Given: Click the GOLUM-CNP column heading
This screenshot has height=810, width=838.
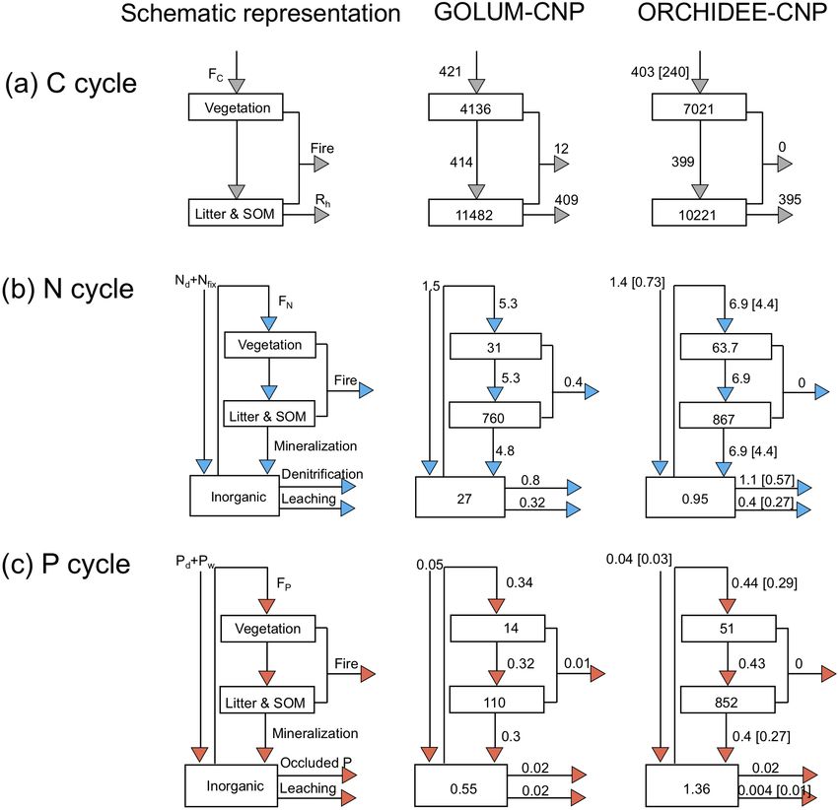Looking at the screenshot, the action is click(x=509, y=12).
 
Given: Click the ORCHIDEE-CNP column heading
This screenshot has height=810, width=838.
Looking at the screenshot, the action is click(x=733, y=12).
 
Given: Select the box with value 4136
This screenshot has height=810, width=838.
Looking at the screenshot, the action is click(x=475, y=106).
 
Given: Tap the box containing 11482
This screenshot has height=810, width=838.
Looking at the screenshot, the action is click(x=475, y=213).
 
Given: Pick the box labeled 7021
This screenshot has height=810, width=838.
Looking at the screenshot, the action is click(x=699, y=106).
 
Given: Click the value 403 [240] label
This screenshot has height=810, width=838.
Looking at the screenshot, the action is click(x=660, y=72).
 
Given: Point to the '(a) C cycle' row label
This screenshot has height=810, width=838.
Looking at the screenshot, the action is click(x=71, y=84).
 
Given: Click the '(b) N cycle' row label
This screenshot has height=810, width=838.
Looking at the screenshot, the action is click(x=68, y=289).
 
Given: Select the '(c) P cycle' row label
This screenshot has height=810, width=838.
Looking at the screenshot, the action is click(x=66, y=565).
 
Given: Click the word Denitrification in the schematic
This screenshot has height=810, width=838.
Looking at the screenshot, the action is click(x=322, y=474).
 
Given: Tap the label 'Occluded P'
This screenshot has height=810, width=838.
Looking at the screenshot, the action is click(x=315, y=763).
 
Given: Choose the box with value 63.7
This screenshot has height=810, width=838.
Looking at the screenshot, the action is click(x=726, y=347).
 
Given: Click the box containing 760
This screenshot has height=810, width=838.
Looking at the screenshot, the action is click(x=495, y=415).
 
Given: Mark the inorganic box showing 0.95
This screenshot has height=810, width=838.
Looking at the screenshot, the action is click(x=690, y=498).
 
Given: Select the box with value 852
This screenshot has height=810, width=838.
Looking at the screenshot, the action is click(x=728, y=700).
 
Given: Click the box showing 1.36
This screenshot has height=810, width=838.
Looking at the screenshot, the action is click(x=691, y=785).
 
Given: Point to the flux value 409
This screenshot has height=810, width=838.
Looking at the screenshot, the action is click(x=566, y=200).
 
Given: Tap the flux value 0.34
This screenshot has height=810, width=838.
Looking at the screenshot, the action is click(x=520, y=582).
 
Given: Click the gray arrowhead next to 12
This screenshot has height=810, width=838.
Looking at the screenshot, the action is click(x=562, y=164).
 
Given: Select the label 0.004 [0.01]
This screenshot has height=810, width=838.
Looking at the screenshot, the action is click(x=774, y=789).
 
